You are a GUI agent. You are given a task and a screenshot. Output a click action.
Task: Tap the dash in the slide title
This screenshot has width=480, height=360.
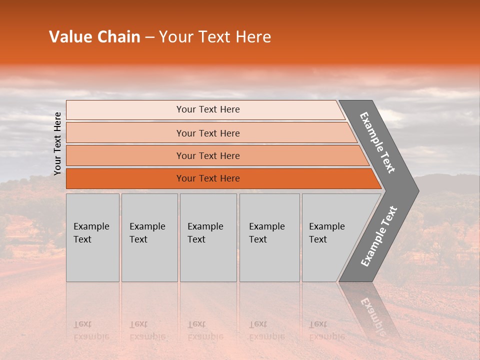click(x=149, y=37)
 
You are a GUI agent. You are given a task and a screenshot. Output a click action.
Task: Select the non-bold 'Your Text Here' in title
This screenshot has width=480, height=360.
click(x=215, y=37)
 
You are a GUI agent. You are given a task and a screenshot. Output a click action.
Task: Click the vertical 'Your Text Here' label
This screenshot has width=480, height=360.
click(x=57, y=143)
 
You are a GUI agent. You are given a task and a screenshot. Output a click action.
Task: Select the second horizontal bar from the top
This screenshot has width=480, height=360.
click(x=207, y=133)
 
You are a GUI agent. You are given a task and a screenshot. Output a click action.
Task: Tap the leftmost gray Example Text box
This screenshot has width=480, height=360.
click(x=92, y=237)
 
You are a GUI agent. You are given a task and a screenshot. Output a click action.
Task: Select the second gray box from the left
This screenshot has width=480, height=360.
click(x=149, y=237)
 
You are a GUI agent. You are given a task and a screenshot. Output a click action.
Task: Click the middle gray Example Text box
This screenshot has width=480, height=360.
click(x=208, y=237)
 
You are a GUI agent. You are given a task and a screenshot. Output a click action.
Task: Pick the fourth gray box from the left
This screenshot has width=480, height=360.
click(x=269, y=237)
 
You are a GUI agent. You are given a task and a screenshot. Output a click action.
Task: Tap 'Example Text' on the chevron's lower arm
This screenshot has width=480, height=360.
click(x=379, y=236)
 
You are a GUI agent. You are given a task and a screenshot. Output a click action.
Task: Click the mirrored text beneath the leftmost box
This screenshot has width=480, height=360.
click(x=91, y=330)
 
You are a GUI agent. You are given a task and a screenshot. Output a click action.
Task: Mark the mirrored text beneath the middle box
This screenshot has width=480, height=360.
click(x=205, y=330)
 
